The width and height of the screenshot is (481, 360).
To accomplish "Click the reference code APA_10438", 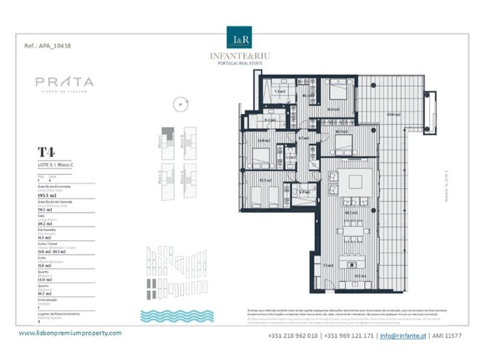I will [48, 46].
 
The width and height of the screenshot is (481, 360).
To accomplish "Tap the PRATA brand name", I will [65, 82].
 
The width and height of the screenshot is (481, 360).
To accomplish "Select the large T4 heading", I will [46, 152].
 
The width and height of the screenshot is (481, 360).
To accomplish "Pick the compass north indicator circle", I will [180, 104].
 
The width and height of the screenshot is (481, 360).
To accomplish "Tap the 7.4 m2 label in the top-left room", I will [279, 91].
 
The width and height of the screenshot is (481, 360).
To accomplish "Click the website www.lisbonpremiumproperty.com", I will [70, 333].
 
